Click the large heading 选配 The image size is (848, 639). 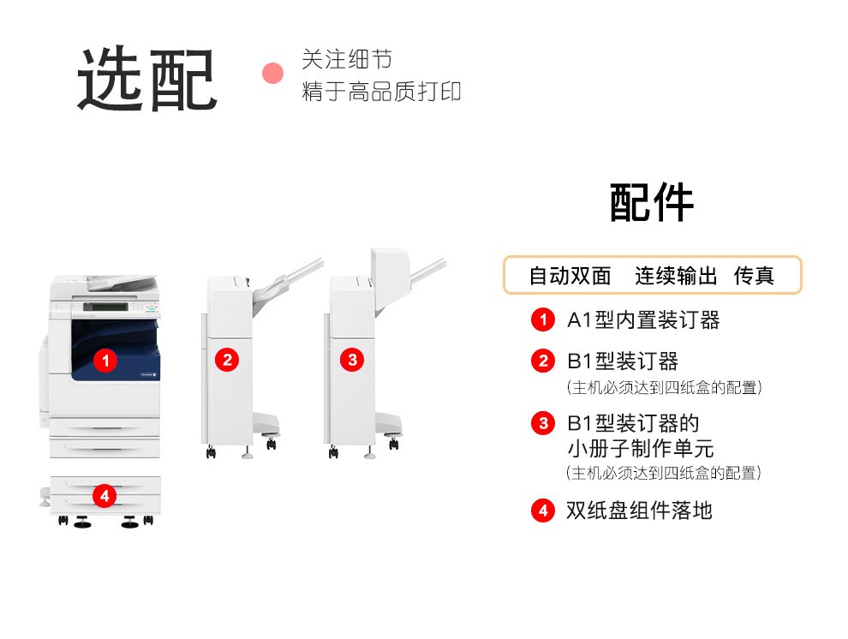[x=147, y=79]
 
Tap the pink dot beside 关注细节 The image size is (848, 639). [x=272, y=74]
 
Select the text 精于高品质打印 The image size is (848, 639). [x=381, y=92]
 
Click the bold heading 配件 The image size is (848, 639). [x=652, y=202]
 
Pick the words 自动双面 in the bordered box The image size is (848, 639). [x=570, y=276]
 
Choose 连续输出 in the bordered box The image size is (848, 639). [x=676, y=276]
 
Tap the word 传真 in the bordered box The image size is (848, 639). [x=754, y=276]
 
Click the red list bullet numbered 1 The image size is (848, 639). [x=543, y=319]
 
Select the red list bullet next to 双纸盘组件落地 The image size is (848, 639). [x=543, y=511]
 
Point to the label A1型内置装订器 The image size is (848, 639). [x=643, y=320]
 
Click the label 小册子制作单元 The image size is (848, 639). [x=641, y=448]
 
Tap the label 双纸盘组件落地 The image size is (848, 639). [x=639, y=511]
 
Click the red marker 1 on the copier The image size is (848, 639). [x=105, y=360]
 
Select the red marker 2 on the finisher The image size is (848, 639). [x=227, y=360]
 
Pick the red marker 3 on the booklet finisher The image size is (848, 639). [x=353, y=360]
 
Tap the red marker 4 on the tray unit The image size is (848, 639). [x=105, y=496]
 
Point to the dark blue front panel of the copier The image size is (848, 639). [x=116, y=349]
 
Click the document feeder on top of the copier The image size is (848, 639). [x=122, y=283]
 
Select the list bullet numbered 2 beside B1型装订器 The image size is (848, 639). [x=543, y=361]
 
